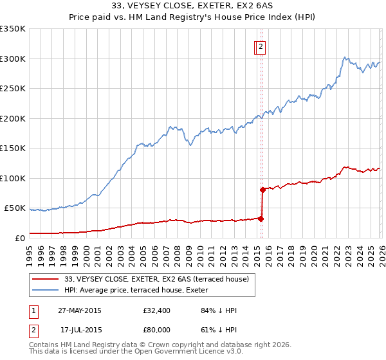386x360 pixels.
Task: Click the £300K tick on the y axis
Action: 13,59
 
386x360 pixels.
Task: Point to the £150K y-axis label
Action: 13,148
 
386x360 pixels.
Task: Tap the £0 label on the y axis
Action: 19,238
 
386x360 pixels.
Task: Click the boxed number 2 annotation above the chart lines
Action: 261,46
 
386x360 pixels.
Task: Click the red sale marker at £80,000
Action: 262,190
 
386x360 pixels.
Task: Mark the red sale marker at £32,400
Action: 261,219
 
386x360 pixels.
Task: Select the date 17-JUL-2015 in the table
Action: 80,328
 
